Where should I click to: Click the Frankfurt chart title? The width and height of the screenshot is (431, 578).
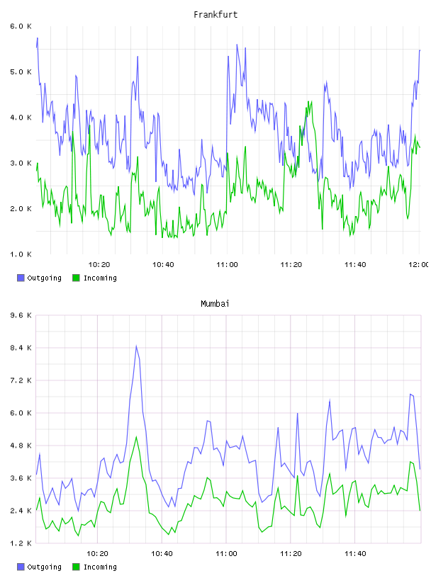coord(216,15)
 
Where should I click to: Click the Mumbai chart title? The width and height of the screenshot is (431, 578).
coord(215,304)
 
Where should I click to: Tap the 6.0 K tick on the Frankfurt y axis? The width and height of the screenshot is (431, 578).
coord(21,26)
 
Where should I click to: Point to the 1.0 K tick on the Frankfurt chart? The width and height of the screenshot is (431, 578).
coord(21,254)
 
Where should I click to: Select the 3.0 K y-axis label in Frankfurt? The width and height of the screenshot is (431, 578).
coord(21,164)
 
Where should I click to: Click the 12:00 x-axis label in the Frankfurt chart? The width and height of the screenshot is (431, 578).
coord(418,265)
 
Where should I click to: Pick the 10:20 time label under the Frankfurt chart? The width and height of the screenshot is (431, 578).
coord(99,265)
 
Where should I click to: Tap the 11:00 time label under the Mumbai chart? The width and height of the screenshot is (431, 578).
coord(226,554)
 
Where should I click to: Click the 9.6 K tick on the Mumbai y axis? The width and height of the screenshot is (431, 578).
coord(21,315)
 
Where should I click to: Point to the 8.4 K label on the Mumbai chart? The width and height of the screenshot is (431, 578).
coord(21,348)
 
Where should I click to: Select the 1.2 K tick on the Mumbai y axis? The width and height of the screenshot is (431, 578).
coord(21,543)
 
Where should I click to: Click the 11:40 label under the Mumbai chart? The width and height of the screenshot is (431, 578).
coord(355,554)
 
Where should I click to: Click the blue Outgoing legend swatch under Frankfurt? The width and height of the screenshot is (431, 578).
coord(21,278)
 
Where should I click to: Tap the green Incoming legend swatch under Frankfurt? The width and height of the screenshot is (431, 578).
coord(76,278)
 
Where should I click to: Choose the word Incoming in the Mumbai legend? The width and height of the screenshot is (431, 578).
coord(100,567)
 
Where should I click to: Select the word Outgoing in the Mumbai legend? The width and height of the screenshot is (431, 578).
coord(44,567)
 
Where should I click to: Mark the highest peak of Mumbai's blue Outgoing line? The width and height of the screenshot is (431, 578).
coord(136,346)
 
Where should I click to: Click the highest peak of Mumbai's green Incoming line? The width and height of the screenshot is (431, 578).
coord(137,437)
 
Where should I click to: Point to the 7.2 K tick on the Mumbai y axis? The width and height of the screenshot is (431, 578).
coord(21,380)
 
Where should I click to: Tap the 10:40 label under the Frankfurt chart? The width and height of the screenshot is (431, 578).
coord(163,265)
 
